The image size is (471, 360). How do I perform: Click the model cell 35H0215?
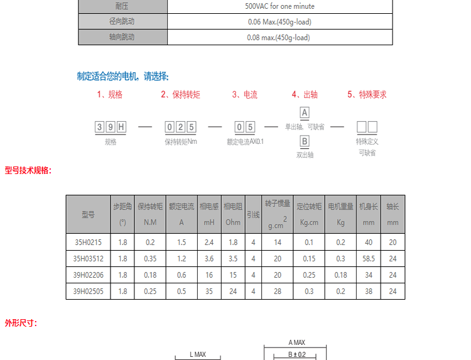(88, 242)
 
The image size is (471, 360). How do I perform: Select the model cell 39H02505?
(88, 291)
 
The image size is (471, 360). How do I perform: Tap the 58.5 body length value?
(368, 258)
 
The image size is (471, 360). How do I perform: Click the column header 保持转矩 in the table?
(150, 206)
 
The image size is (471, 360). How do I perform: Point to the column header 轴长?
(392, 206)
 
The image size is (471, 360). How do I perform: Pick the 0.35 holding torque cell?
(150, 258)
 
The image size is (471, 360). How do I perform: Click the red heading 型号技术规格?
(28, 170)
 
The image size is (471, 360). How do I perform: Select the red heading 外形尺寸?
(21, 323)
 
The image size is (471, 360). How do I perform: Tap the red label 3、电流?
(245, 95)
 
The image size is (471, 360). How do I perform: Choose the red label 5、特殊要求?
(367, 95)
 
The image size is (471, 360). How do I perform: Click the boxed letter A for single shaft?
(305, 113)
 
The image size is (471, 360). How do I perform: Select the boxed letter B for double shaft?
(305, 141)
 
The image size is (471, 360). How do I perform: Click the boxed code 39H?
(111, 128)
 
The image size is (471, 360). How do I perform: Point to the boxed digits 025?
(180, 128)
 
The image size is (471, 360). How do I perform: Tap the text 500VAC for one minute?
(279, 6)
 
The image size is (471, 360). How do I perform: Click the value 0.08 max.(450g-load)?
(279, 37)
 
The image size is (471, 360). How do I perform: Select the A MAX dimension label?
(296, 342)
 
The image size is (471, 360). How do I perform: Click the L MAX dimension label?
(198, 354)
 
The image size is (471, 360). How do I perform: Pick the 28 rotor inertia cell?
(277, 291)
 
